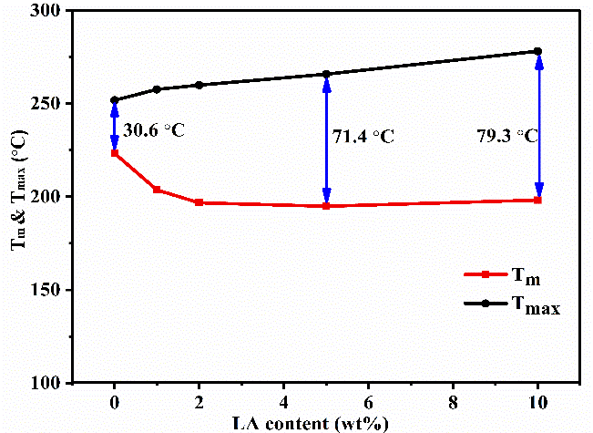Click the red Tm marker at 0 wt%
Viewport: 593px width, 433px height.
114,153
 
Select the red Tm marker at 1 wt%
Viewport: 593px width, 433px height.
157,190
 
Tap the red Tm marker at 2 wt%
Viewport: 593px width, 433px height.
199,202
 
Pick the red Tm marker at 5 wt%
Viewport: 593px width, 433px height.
326,206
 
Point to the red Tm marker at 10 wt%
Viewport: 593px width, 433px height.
538,200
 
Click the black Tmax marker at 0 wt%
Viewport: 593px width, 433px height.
114,100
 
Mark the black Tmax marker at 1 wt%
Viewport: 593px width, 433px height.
157,89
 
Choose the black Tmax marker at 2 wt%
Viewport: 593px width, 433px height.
199,85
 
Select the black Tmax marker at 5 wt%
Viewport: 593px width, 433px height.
326,74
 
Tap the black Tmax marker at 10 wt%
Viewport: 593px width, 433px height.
538,51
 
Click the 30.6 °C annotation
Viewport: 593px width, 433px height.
154,130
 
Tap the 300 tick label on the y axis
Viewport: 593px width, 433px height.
46,11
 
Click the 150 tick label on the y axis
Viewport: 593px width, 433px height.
46,290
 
